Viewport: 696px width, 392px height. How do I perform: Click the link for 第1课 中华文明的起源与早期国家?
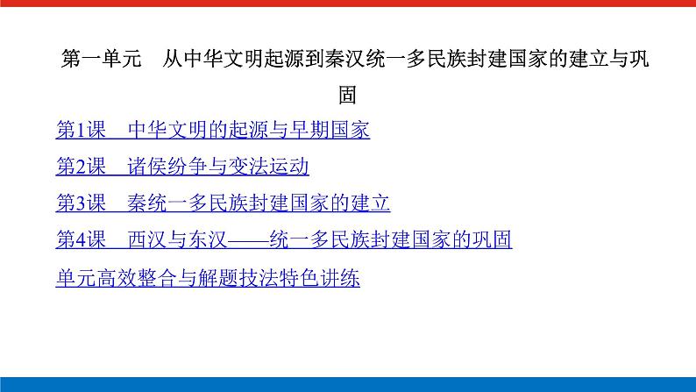[x=212, y=131]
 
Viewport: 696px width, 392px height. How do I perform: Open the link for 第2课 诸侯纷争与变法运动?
[x=182, y=167]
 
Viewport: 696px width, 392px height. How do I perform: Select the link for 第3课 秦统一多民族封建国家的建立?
[x=223, y=203]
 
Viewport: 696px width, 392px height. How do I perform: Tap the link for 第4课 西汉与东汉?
[x=283, y=240]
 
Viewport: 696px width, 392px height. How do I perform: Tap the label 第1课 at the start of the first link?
[x=81, y=131]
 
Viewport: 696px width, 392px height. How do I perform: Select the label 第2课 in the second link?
[x=81, y=167]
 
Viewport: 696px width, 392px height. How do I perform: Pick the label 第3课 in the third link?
[x=81, y=203]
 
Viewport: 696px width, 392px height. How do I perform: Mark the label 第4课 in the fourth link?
[x=81, y=240]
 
